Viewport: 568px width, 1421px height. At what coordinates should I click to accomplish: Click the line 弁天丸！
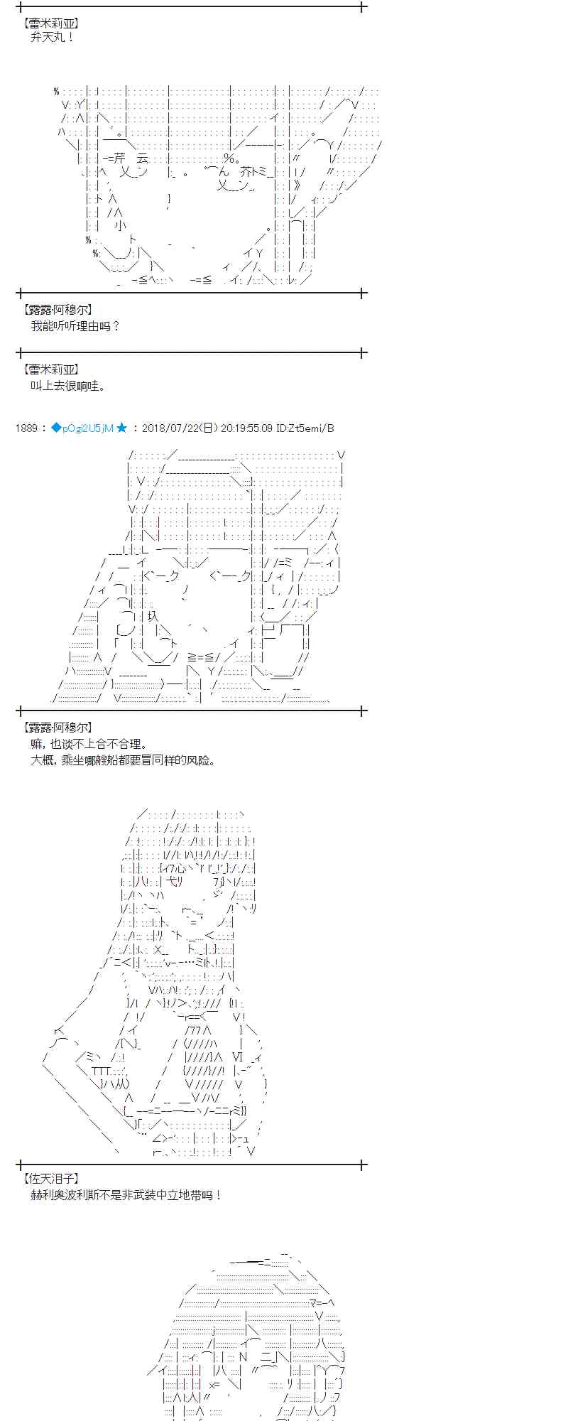pos(53,37)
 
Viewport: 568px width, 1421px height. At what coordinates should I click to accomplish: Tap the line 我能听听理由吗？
pos(75,326)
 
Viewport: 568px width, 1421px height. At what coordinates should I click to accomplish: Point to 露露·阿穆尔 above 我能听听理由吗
pos(58,310)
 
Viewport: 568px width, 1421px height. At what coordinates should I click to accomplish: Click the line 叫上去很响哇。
pos(68,386)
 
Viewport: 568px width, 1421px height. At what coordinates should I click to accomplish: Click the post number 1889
pos(26,428)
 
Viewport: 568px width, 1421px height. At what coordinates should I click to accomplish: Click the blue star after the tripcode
pos(122,428)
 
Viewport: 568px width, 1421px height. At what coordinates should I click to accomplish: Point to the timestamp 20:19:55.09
pos(246,428)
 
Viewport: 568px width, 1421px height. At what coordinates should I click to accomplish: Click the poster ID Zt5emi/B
pos(305,428)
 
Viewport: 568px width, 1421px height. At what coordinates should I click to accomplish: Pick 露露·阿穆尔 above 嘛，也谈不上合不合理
pos(58,728)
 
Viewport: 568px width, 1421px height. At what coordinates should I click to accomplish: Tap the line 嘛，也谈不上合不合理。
pos(89,744)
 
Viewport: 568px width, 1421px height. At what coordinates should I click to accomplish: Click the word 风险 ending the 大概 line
pos(203,760)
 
